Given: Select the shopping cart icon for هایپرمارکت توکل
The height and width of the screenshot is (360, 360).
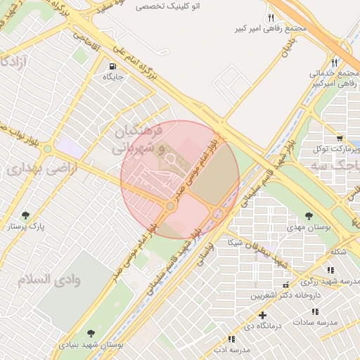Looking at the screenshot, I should point(340,138).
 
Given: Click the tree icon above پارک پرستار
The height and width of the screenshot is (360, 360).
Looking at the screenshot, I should point(26,215).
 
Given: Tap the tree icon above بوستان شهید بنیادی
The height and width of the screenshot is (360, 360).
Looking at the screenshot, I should point(91,333).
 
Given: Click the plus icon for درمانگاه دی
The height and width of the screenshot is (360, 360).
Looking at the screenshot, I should point(262,315).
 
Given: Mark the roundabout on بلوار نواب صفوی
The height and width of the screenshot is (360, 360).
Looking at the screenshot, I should point(47,149).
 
